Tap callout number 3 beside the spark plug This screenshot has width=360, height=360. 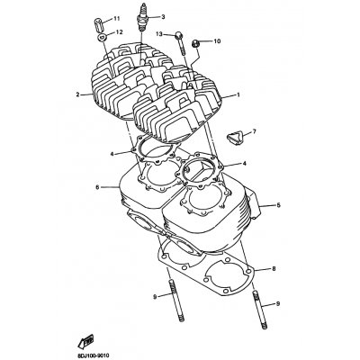(x=163, y=17)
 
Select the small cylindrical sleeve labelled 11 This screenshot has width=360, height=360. (x=99, y=22)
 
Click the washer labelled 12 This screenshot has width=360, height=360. (x=102, y=38)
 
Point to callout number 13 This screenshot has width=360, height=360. (x=159, y=34)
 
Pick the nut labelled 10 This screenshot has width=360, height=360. (x=195, y=44)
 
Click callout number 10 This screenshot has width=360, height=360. (x=217, y=40)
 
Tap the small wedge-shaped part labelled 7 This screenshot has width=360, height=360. (x=234, y=137)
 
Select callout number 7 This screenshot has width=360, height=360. (x=255, y=131)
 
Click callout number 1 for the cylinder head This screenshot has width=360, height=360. (x=238, y=94)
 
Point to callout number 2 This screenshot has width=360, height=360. (x=77, y=94)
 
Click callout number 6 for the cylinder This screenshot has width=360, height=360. (x=97, y=187)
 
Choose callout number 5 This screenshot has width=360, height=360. (x=278, y=205)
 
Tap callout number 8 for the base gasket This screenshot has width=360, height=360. (x=274, y=269)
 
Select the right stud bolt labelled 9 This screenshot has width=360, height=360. (x=260, y=310)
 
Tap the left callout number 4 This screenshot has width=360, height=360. (x=112, y=154)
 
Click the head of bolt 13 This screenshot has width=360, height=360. (x=179, y=35)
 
